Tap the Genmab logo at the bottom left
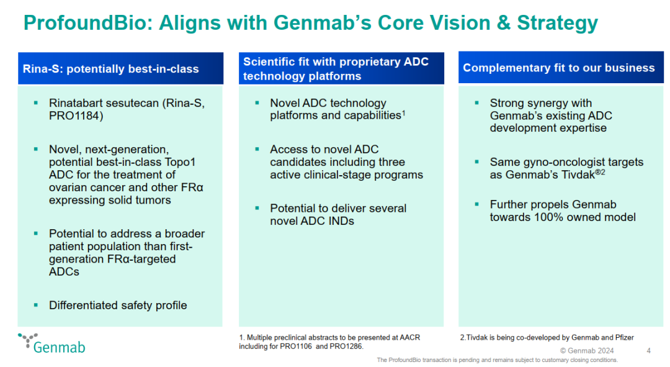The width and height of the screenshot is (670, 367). click(52, 343)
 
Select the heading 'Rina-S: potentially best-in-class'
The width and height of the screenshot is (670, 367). click(111, 68)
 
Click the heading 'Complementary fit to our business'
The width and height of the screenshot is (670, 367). click(558, 68)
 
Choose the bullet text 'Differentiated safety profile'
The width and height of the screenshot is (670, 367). click(118, 305)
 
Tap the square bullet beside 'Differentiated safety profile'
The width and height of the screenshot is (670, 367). click(36, 305)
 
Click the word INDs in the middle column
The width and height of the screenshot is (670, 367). click(339, 220)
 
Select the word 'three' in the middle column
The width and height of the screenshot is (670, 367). click(392, 162)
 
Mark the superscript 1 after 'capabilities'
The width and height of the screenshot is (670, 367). click(404, 112)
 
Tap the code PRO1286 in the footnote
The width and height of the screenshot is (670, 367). click(346, 346)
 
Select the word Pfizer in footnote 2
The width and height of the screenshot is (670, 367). click(621, 337)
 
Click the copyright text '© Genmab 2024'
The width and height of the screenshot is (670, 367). click(587, 351)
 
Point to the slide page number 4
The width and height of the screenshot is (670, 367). click(648, 351)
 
